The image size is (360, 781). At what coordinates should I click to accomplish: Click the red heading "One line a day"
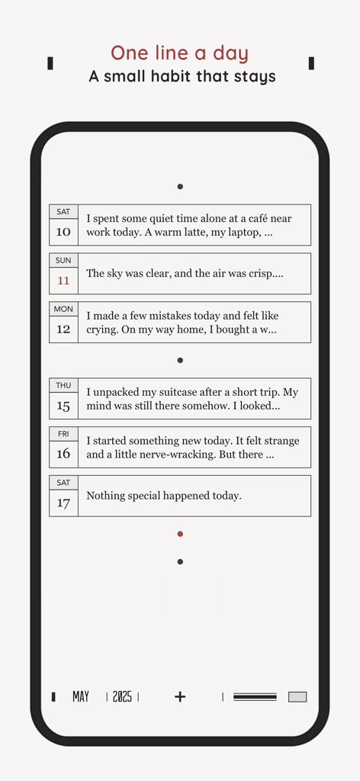click(180, 53)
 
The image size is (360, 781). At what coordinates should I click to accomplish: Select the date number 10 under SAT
click(63, 232)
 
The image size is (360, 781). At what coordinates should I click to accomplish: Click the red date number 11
click(63, 281)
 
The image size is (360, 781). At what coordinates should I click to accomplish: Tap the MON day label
click(63, 309)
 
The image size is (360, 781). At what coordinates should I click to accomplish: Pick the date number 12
click(63, 329)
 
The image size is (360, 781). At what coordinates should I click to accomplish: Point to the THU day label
click(63, 385)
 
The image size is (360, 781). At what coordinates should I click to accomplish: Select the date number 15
click(63, 406)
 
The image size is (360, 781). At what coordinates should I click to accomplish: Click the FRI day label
click(63, 434)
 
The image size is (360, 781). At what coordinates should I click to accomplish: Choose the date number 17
click(63, 503)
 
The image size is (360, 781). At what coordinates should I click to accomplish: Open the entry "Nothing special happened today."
click(164, 496)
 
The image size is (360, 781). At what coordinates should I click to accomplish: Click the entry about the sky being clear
click(185, 273)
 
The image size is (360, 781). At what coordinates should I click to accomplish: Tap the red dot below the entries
click(180, 534)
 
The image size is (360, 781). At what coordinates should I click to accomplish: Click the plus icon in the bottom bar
click(180, 696)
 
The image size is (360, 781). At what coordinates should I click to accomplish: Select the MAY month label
click(81, 696)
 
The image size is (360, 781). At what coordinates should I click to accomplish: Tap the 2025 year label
click(122, 696)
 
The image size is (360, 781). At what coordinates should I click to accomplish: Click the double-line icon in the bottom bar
click(255, 696)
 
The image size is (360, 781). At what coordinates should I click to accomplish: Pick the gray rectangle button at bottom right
click(297, 696)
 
